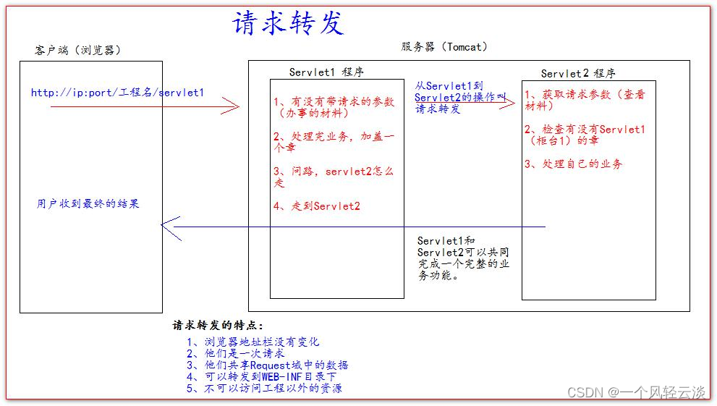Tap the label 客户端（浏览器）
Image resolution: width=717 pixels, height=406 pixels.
click(x=78, y=50)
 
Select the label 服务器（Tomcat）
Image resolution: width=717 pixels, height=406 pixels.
click(x=444, y=46)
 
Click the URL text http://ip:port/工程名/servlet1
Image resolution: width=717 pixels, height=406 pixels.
click(x=117, y=93)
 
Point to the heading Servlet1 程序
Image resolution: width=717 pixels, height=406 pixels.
click(x=326, y=72)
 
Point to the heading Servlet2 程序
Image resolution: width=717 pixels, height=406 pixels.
click(x=578, y=73)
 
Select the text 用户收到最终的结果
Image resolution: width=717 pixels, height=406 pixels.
click(x=88, y=204)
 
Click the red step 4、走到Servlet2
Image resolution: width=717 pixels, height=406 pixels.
click(x=317, y=206)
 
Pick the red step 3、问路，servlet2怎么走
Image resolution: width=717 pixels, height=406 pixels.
click(x=334, y=177)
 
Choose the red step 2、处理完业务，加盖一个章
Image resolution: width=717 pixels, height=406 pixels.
click(x=334, y=141)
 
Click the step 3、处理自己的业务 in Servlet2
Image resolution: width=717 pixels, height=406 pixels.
click(x=573, y=164)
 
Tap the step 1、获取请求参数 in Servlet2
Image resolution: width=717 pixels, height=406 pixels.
click(x=584, y=100)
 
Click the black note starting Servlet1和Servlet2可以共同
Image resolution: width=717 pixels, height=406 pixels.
click(x=463, y=258)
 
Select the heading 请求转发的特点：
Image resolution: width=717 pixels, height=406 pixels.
click(x=219, y=326)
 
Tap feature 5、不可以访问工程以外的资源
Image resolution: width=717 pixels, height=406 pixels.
click(x=264, y=388)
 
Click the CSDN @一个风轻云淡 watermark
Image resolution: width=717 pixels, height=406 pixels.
click(x=636, y=392)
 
